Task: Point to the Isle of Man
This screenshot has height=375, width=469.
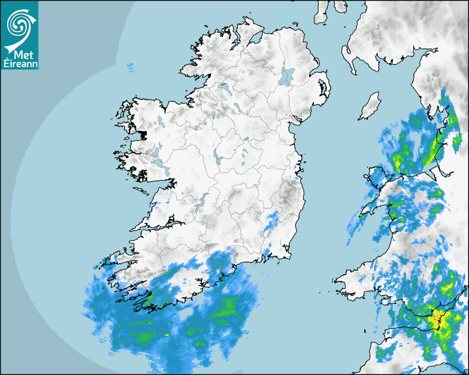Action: click(370, 106)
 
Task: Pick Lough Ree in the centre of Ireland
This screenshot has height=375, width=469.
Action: click(217, 157)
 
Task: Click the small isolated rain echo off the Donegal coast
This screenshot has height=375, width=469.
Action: click(130, 67)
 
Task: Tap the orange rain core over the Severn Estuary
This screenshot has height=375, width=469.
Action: click(439, 318)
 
